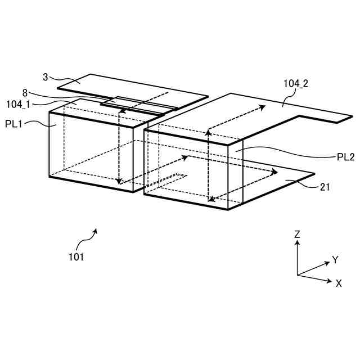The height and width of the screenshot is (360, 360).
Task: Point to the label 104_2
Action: pyautogui.click(x=296, y=84)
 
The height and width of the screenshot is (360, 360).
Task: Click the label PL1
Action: pyautogui.click(x=13, y=124)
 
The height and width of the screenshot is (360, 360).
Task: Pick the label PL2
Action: pyautogui.click(x=345, y=157)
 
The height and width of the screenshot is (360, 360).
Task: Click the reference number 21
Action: pyautogui.click(x=325, y=187)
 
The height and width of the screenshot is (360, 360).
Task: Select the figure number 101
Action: pyautogui.click(x=76, y=257)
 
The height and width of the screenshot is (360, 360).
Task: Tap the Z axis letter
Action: pyautogui.click(x=297, y=234)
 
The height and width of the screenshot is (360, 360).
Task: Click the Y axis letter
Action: pyautogui.click(x=335, y=259)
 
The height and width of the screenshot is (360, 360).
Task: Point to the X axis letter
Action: pyautogui.click(x=339, y=283)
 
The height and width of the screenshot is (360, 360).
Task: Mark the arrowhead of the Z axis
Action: pyautogui.click(x=297, y=244)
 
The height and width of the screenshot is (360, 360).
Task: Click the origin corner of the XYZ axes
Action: pyautogui.click(x=297, y=275)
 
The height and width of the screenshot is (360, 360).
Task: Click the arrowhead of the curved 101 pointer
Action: pyautogui.click(x=96, y=229)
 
